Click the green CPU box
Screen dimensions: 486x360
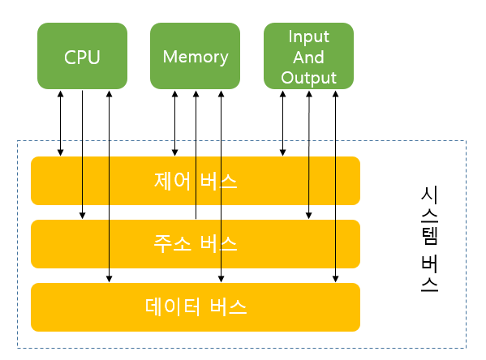click(82, 56)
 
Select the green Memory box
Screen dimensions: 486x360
click(195, 56)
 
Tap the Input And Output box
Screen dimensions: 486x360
click(308, 56)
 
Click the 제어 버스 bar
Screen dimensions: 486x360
click(196, 181)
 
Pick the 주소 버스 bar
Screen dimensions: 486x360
click(196, 244)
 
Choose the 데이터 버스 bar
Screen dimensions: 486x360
click(196, 307)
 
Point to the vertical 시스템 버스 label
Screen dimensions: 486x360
click(429, 238)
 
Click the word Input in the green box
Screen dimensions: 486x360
click(308, 37)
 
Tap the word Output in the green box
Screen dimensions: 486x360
click(308, 78)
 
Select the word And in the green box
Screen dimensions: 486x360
click(308, 58)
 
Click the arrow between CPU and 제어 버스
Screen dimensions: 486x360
click(60, 123)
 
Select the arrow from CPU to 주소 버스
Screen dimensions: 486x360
click(82, 155)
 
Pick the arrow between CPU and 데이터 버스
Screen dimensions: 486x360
click(109, 186)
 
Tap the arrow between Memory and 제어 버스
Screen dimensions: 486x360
click(174, 123)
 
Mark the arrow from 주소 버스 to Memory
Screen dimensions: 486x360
click(196, 155)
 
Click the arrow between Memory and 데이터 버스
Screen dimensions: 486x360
click(221, 186)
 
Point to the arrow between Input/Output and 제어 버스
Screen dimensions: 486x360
click(282, 123)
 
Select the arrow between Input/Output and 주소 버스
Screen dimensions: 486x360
click(308, 155)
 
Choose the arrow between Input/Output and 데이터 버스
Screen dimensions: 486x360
click(335, 186)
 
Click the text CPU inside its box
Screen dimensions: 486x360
click(82, 58)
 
